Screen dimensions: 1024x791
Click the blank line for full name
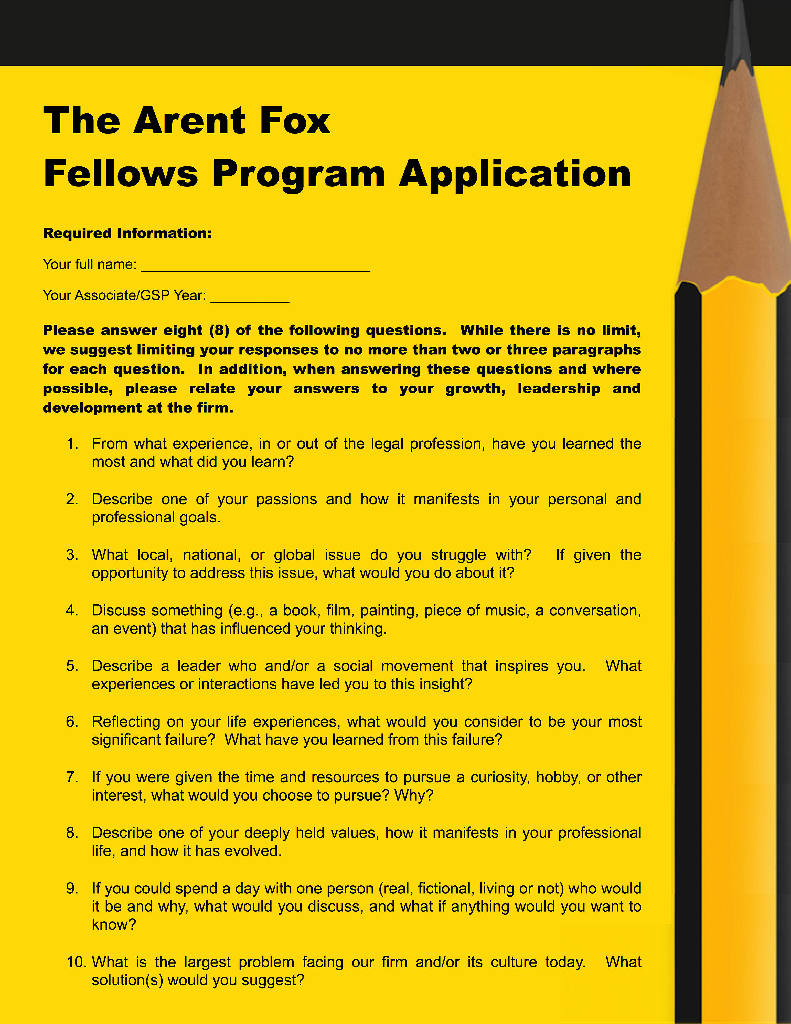[255, 267]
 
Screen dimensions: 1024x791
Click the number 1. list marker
[72, 444]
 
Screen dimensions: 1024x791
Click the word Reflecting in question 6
[125, 722]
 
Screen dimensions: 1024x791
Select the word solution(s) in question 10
[127, 980]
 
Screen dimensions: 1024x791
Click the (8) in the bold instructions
[219, 330]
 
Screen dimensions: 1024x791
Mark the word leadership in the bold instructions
[559, 389]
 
